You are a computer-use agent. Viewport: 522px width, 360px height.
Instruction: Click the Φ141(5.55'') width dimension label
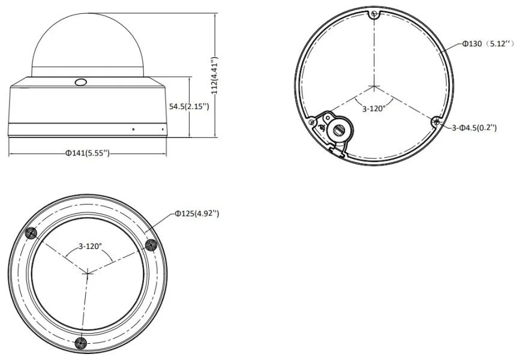tap(87, 153)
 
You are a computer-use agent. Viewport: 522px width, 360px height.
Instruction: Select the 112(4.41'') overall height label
tap(215, 75)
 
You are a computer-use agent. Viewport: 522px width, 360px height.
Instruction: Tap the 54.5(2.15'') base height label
tap(189, 107)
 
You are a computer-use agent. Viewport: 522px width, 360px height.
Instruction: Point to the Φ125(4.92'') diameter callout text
tap(197, 214)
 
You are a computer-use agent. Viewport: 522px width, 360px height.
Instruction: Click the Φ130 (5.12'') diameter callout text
tap(488, 44)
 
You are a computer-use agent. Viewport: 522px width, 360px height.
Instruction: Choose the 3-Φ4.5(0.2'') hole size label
tap(475, 128)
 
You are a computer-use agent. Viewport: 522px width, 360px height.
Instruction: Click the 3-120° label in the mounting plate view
tap(374, 109)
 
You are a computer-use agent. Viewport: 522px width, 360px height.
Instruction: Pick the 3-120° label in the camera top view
tap(90, 246)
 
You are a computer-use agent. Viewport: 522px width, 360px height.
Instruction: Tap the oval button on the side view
tap(81, 82)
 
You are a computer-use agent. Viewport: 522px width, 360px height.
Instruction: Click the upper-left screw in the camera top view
tap(31, 233)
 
